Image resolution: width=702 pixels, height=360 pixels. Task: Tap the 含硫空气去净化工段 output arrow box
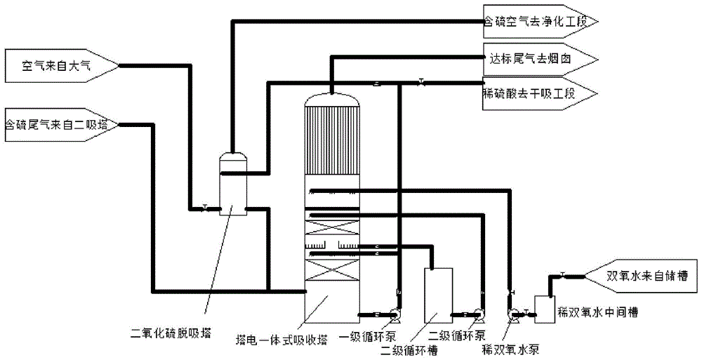pyautogui.click(x=537, y=22)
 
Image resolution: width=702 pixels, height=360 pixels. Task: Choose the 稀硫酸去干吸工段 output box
pyautogui.click(x=537, y=93)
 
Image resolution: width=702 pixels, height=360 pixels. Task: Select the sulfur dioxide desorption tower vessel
pyautogui.click(x=233, y=185)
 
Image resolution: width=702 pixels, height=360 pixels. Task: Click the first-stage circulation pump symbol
pyautogui.click(x=395, y=314)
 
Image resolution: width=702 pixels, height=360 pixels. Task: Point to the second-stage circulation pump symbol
pyautogui.click(x=479, y=314)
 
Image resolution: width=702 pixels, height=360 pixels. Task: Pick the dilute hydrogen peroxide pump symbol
pyautogui.click(x=514, y=314)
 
